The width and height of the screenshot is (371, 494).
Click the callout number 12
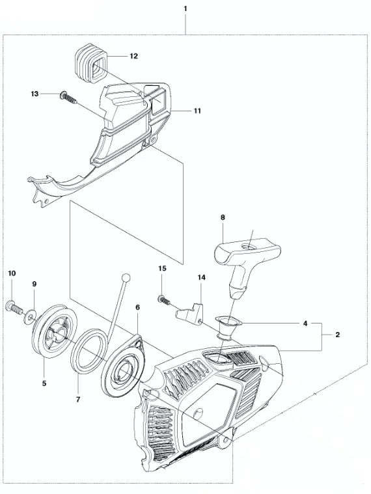[x=134, y=56]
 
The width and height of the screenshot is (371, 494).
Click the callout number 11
[x=197, y=111]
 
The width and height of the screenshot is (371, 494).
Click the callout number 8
[x=223, y=217]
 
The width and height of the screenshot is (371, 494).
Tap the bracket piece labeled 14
[x=189, y=311]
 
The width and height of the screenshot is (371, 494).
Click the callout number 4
[x=305, y=323]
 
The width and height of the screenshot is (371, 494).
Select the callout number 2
[x=337, y=335]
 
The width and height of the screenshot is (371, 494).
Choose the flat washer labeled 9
[x=29, y=316]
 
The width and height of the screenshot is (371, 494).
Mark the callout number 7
[x=78, y=399]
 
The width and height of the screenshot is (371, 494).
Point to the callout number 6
[x=137, y=307]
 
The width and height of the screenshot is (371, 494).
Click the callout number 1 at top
[x=185, y=9]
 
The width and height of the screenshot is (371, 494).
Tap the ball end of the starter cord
[x=126, y=278]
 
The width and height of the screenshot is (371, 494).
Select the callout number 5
[x=44, y=383]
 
